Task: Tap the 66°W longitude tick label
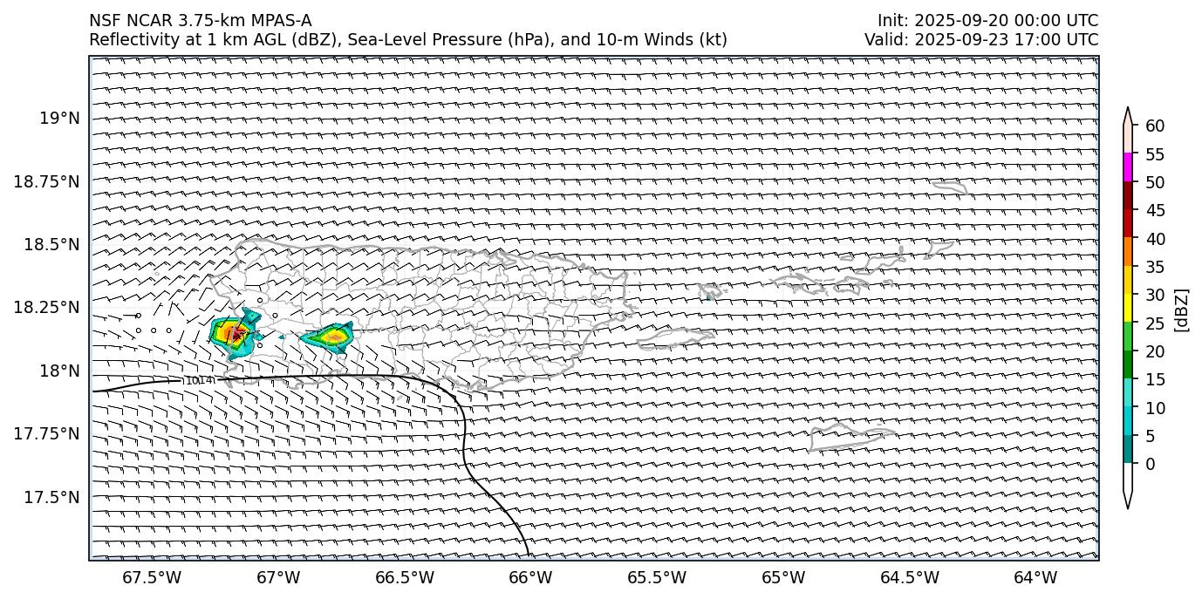[530, 577]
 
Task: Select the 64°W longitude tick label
[1035, 577]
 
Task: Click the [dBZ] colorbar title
[1183, 309]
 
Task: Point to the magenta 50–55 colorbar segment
[1128, 167]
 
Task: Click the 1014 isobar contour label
[199, 381]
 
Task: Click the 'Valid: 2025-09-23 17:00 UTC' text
[981, 39]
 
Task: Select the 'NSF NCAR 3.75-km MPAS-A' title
[200, 21]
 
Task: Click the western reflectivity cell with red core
[234, 333]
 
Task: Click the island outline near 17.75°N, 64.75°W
[850, 434]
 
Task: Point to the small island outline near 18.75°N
[949, 187]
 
